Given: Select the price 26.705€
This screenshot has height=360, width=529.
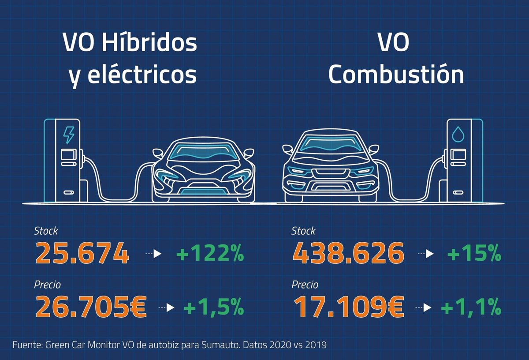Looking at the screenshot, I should click(x=91, y=307).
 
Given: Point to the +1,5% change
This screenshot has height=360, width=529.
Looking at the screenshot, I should click(x=214, y=307).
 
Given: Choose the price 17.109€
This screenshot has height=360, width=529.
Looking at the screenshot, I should click(x=348, y=307).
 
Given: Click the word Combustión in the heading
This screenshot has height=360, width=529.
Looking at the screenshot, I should click(x=396, y=75).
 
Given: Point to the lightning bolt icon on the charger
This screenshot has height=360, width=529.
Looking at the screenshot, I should click(x=69, y=135).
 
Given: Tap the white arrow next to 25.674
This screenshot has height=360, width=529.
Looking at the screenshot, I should click(x=158, y=254).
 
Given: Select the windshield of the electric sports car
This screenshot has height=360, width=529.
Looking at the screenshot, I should click(x=203, y=150).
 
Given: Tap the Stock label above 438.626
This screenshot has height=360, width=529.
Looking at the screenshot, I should click(x=303, y=231).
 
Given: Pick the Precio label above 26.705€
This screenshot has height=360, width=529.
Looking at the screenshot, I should click(x=47, y=285).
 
